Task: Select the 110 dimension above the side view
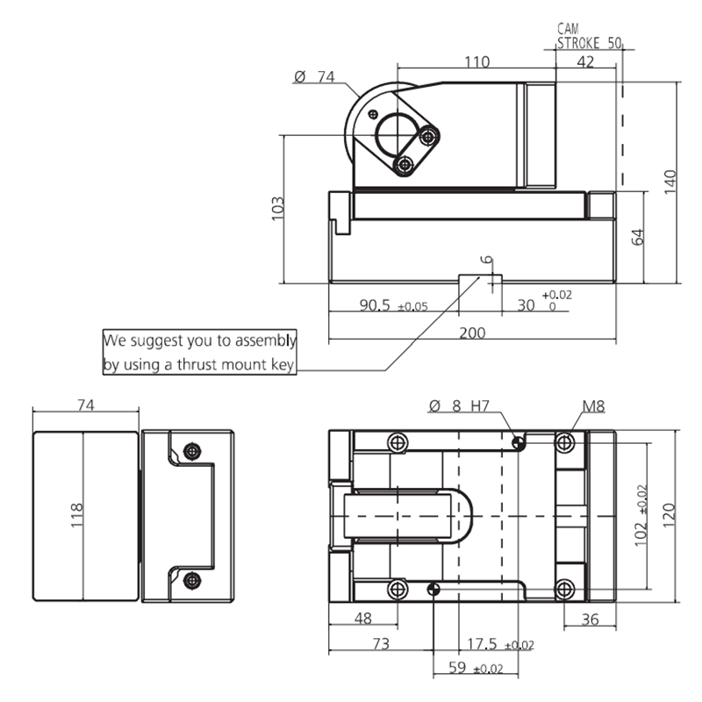(x=476, y=61)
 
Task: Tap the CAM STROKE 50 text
(x=589, y=36)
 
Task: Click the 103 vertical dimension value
(x=278, y=208)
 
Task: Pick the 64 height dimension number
(x=637, y=238)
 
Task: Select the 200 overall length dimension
(x=472, y=333)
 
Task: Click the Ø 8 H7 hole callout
(x=459, y=406)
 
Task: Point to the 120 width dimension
(x=669, y=516)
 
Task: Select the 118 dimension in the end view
(x=77, y=516)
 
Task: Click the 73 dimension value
(x=379, y=644)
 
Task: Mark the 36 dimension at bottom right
(x=590, y=619)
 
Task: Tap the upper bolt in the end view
(x=192, y=452)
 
